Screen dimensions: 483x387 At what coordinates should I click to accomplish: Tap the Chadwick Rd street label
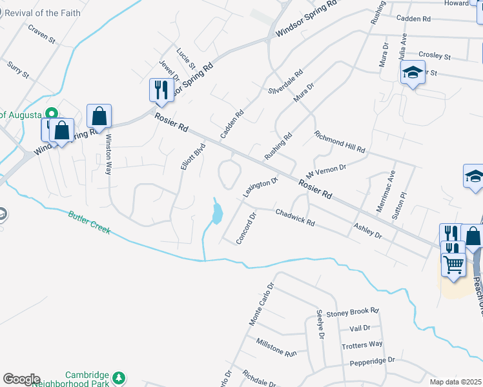click(x=294, y=218)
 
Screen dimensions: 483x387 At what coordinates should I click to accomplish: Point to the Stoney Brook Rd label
click(x=352, y=313)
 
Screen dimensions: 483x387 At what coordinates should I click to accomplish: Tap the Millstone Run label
click(x=276, y=348)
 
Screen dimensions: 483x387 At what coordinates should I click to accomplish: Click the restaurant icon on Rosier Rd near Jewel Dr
click(x=159, y=90)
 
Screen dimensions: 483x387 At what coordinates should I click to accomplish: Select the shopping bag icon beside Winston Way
click(x=99, y=116)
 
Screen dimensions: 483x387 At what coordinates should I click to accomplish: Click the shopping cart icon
click(x=453, y=263)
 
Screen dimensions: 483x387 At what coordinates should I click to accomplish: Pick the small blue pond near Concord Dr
click(x=217, y=212)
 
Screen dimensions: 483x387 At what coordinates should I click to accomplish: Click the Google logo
click(x=21, y=379)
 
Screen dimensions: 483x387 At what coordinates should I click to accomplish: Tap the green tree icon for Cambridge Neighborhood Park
click(x=118, y=377)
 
